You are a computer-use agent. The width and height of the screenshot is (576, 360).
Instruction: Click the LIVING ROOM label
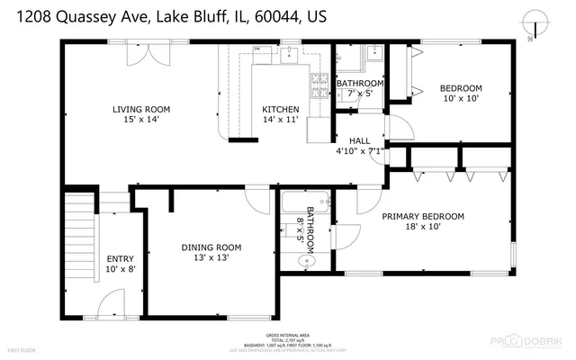pyautogui.click(x=141, y=110)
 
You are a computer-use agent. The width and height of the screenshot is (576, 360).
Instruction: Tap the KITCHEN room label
pyautogui.click(x=280, y=110)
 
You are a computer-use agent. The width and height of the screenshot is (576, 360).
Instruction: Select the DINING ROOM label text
pyautogui.click(x=211, y=247)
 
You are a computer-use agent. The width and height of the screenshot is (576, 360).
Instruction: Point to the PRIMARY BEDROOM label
pyautogui.click(x=423, y=216)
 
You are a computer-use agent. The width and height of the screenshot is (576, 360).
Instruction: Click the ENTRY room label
pyautogui.click(x=120, y=258)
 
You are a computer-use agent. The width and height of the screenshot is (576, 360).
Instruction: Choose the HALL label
pyautogui.click(x=359, y=141)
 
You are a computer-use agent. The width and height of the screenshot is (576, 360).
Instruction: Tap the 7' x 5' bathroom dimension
pyautogui.click(x=360, y=93)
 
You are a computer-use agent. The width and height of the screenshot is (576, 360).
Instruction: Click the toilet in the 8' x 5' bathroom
pyautogui.click(x=306, y=262)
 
